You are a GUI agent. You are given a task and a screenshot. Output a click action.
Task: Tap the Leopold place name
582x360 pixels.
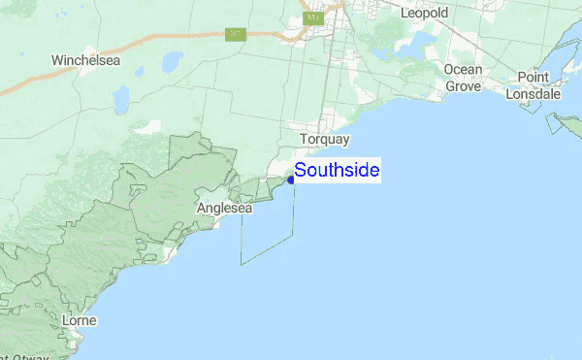click(425, 13)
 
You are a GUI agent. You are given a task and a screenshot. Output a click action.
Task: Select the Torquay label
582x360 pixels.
click(325, 140)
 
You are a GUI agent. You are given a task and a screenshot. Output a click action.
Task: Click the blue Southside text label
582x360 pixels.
click(337, 171)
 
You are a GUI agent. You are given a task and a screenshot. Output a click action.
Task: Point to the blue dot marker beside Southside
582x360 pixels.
click(291, 180)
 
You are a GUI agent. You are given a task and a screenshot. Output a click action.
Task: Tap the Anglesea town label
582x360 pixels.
click(224, 208)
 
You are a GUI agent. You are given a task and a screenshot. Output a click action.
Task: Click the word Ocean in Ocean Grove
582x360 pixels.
click(463, 70)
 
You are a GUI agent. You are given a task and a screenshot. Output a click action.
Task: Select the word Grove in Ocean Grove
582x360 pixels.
click(464, 85)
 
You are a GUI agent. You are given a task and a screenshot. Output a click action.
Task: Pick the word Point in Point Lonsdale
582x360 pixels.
click(533, 78)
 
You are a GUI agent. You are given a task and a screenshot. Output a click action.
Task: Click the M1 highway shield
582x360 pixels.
click(312, 18)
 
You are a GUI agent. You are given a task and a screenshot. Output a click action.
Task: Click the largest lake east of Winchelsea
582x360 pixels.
click(172, 63)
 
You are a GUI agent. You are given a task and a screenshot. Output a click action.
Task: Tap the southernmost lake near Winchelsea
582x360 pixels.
click(121, 98)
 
